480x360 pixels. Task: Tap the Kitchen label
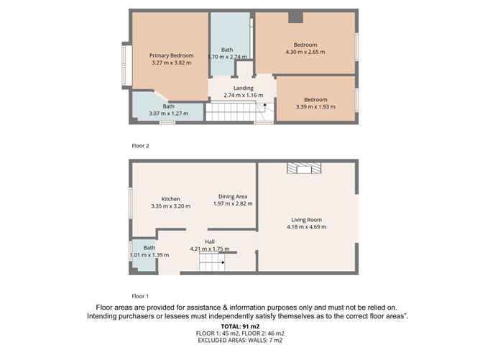tap(170, 199)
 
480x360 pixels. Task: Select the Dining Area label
tap(234, 196)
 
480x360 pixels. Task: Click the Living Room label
tap(306, 220)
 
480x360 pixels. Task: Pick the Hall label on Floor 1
tap(210, 241)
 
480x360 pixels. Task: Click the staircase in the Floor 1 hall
tap(213, 265)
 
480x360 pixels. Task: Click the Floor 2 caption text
tap(140, 146)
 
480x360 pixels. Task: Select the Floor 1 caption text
tap(140, 296)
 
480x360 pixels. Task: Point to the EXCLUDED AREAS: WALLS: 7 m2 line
tap(240, 341)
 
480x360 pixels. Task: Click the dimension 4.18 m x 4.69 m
tap(306, 227)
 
